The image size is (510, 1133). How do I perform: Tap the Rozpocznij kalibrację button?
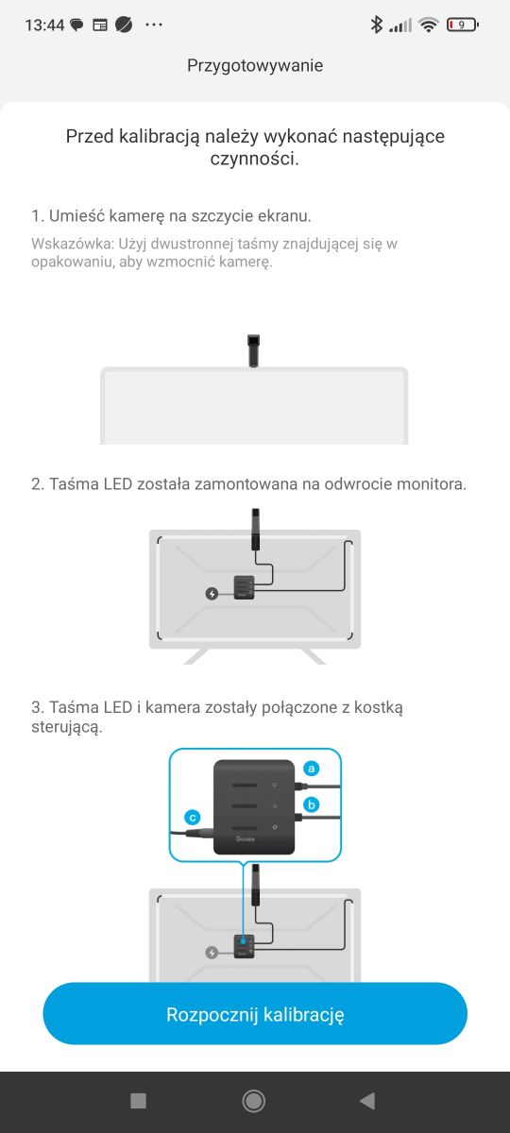[x=255, y=1014]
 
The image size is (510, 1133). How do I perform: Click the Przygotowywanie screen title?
[x=255, y=66]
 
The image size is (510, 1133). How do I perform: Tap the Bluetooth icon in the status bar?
[x=376, y=25]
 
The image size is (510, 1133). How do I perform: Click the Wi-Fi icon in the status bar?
[x=429, y=25]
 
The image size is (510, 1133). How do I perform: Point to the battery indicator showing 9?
[x=462, y=25]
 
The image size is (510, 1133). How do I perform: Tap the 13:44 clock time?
[x=44, y=25]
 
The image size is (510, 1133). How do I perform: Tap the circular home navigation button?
[x=253, y=1101]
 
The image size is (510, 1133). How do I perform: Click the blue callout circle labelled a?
[x=311, y=769]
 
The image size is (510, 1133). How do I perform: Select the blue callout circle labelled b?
[x=311, y=804]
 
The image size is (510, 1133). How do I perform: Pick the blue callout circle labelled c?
[x=193, y=818]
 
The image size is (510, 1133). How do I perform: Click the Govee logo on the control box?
[x=246, y=839]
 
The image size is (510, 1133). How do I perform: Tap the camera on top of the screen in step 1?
[x=253, y=350]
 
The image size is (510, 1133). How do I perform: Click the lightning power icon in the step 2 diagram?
[x=212, y=593]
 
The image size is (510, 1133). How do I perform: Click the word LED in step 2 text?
[x=118, y=484]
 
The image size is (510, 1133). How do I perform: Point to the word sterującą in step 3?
[x=67, y=727]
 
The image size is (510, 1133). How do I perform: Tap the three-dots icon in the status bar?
[x=154, y=25]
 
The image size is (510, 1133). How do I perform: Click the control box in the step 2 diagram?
[x=245, y=587]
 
